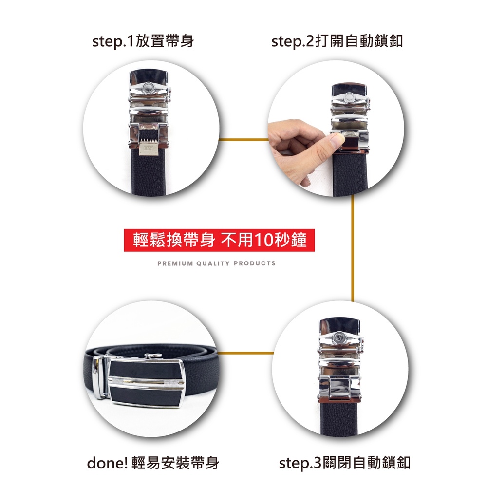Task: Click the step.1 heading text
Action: pos(143,41)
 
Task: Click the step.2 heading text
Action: pos(337,41)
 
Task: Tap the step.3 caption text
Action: pos(345,463)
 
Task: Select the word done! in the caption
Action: pos(108,463)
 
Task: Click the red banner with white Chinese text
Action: pos(219,240)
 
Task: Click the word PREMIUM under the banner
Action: pos(175,263)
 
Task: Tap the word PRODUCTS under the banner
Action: pos(255,263)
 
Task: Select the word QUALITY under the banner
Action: pos(213,263)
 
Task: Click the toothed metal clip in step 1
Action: pos(149,147)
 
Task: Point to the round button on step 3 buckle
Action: pos(338,337)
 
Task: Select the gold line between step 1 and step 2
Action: pos(243,140)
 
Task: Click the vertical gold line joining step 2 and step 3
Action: pos(353,248)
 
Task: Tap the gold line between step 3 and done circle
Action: pos(245,353)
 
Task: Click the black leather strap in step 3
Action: pos(339,418)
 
